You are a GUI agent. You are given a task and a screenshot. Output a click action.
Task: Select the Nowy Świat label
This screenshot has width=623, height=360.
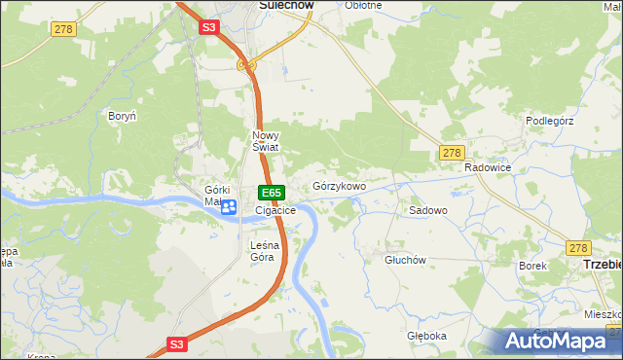pyautogui.click(x=266, y=141)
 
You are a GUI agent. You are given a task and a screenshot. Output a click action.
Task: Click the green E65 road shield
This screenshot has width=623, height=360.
pyautogui.click(x=272, y=193)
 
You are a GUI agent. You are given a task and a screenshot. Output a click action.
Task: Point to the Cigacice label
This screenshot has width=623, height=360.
pyautogui.click(x=275, y=210)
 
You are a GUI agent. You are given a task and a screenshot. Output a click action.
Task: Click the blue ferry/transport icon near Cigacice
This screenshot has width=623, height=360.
pyautogui.click(x=229, y=206)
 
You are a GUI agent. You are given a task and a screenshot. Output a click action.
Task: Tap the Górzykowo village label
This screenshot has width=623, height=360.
pyautogui.click(x=339, y=186)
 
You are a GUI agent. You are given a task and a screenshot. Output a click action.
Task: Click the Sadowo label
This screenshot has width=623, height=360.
pyautogui.click(x=427, y=210)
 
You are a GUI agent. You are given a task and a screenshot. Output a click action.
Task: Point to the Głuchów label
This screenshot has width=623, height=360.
pyautogui.click(x=406, y=260)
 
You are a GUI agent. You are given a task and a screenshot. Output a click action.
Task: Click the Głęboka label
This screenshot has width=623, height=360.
pyautogui.click(x=426, y=336)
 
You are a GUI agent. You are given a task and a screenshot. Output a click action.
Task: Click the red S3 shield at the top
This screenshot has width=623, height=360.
pyautogui.click(x=209, y=28)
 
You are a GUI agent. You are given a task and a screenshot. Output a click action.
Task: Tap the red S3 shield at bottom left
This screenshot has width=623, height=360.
pyautogui.click(x=176, y=343)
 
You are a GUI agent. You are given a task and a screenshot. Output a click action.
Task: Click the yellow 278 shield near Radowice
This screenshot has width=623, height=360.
pyautogui.click(x=451, y=153)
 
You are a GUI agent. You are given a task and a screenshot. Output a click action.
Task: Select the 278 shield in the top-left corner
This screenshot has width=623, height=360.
pyautogui.click(x=63, y=31)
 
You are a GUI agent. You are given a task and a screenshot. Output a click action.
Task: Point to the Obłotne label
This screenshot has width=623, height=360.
pyautogui.click(x=363, y=5)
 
